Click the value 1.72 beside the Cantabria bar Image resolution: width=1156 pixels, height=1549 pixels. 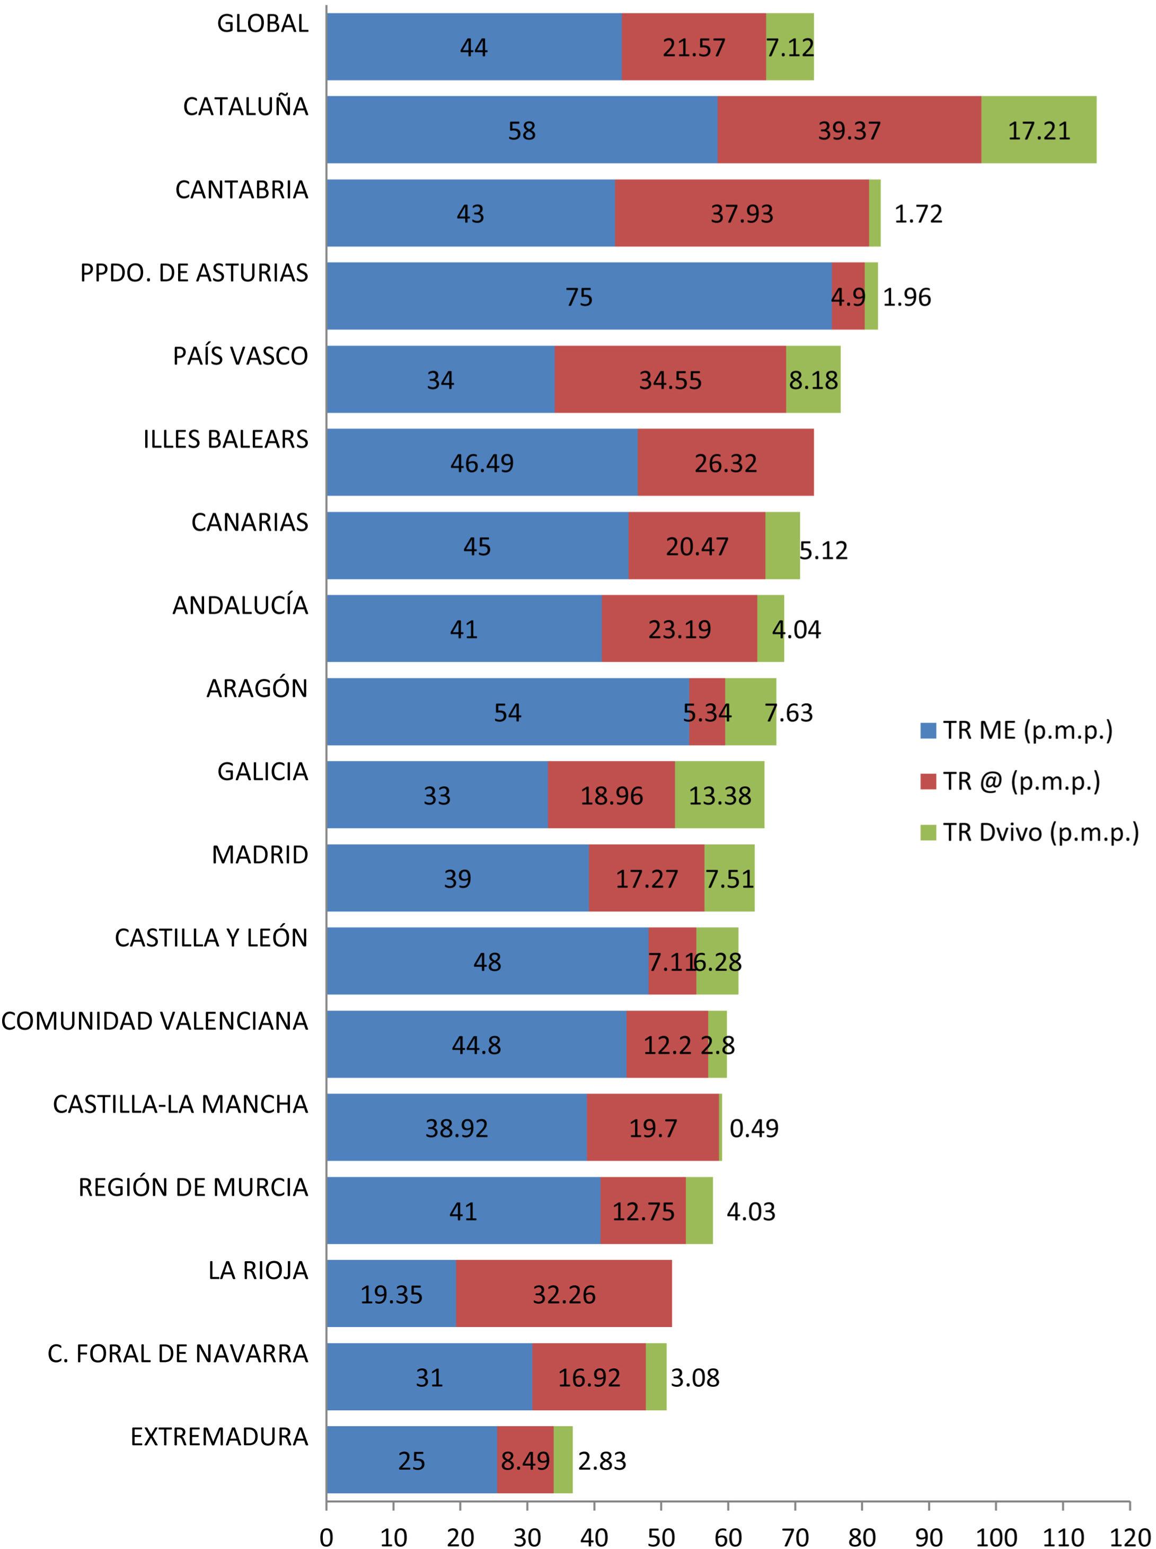tap(918, 214)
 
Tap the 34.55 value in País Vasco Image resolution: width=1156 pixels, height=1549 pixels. tap(669, 380)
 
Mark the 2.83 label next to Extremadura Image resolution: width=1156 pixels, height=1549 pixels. tap(602, 1461)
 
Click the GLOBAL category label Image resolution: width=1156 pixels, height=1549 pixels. tap(262, 24)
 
